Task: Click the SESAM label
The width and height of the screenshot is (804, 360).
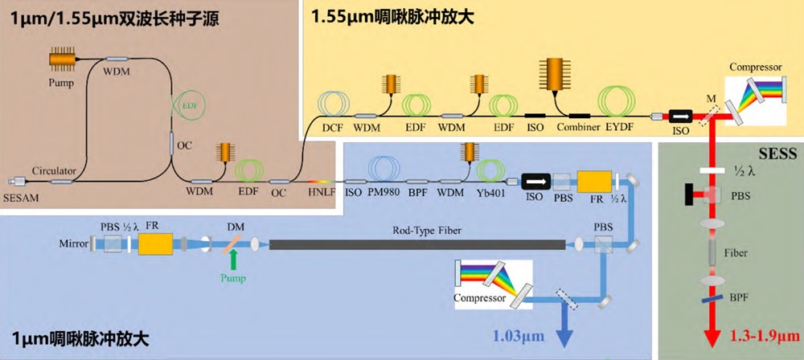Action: coord(20,198)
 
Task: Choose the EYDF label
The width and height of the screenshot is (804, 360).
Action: coord(620,127)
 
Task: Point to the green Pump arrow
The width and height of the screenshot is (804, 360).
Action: coord(233,260)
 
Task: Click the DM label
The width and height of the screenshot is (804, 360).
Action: coord(234,225)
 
